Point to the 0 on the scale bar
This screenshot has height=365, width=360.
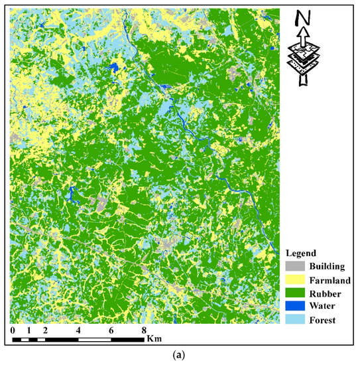[x=13, y=330]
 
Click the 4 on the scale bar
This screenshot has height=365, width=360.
[x=78, y=330]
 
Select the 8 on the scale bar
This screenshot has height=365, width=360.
[x=144, y=330]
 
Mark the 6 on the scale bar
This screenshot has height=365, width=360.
[x=111, y=330]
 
